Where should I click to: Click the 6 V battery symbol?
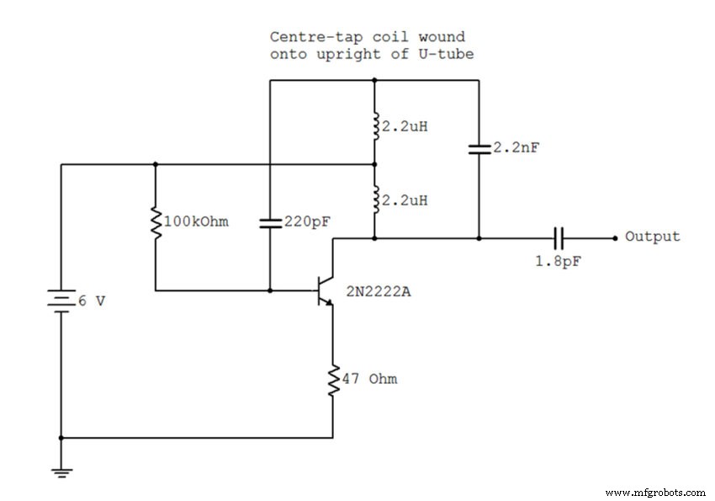tap(61, 301)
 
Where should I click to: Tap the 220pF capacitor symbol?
tap(269, 223)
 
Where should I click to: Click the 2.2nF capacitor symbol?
tap(479, 148)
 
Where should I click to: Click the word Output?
tap(652, 237)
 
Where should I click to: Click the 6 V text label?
tap(92, 301)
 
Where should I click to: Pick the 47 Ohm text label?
tap(370, 379)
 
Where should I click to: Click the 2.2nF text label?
tap(516, 147)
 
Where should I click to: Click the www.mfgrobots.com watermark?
tap(655, 492)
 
